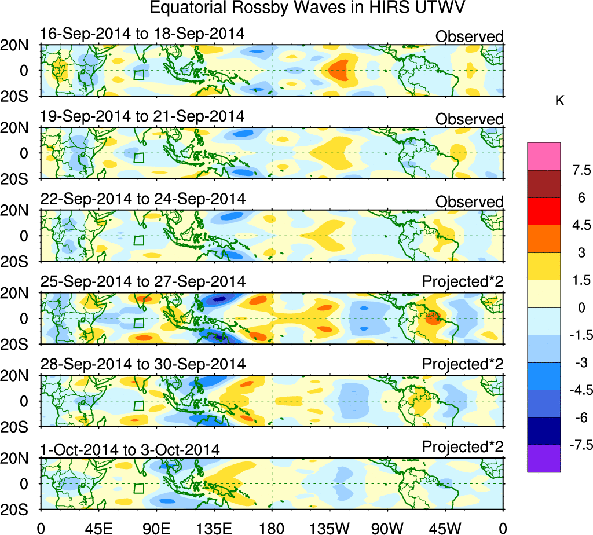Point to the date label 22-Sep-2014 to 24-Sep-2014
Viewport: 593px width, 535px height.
[142, 199]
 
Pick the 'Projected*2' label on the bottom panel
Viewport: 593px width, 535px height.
[463, 447]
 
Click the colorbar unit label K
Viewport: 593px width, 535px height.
[559, 101]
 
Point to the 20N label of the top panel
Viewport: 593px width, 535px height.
[19, 46]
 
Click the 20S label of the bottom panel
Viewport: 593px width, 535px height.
[19, 510]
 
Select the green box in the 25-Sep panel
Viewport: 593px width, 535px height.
[138, 323]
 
